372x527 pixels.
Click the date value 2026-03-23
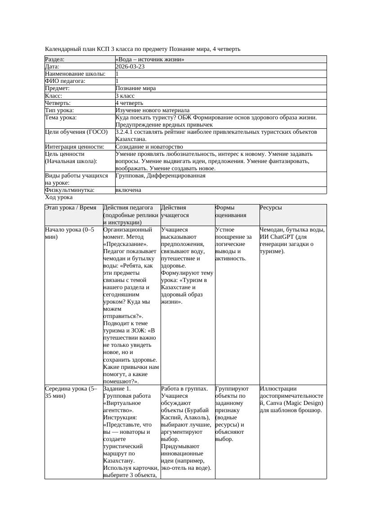(130, 67)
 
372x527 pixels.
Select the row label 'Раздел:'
(55, 59)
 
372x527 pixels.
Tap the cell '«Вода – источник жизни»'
(150, 59)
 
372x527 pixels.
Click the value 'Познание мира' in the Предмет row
(135, 88)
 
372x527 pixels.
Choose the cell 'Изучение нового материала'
(152, 110)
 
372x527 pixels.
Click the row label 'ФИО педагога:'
(65, 81)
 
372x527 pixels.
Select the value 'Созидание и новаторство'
(149, 147)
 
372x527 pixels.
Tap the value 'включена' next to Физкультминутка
(128, 190)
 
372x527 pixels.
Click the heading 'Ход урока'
(59, 197)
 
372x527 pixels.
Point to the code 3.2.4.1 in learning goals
(127, 132)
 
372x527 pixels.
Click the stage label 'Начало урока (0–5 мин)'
(70, 233)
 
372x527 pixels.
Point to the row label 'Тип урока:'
(59, 110)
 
